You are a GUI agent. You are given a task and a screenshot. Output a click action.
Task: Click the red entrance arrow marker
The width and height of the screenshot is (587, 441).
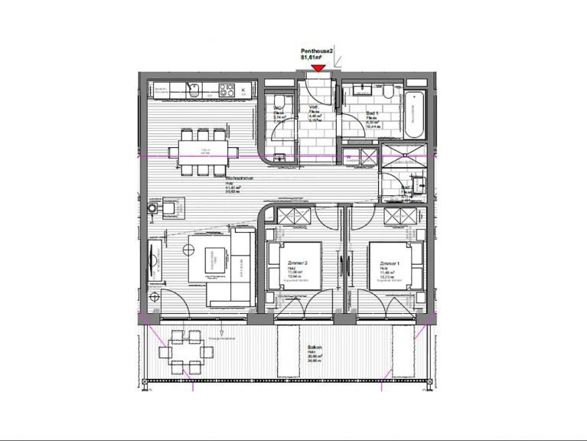(x=318, y=69)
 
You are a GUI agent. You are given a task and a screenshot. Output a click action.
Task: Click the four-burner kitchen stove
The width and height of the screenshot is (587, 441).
(x=227, y=90)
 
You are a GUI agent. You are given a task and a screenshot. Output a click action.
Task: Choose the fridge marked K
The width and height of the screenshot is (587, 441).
(x=244, y=90)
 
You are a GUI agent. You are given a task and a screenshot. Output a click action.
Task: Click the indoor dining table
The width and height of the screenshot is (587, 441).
(x=204, y=151)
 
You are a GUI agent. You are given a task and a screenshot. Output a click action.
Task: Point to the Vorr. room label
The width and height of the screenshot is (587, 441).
(x=313, y=108)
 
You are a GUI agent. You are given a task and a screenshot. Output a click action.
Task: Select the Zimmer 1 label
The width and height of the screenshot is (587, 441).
(x=390, y=263)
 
